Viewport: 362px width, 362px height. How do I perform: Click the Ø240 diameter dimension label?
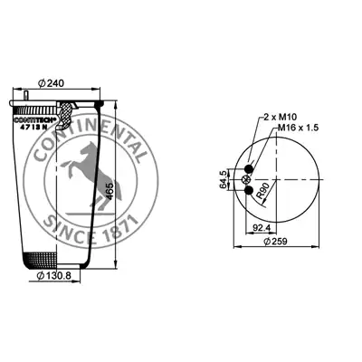pos(52,83)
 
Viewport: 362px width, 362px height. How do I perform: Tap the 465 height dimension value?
pos(110,191)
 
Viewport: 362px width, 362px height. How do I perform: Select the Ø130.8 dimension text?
pos(53,275)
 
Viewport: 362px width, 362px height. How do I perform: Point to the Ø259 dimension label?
pos(275,241)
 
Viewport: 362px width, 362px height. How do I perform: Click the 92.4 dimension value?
pos(262,228)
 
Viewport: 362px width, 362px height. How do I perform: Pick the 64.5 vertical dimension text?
pos(224,179)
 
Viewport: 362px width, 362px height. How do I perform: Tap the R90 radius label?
pos(262,191)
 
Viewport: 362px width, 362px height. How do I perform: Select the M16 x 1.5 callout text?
pos(298,128)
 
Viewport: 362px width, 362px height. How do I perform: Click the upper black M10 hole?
pos(249,168)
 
